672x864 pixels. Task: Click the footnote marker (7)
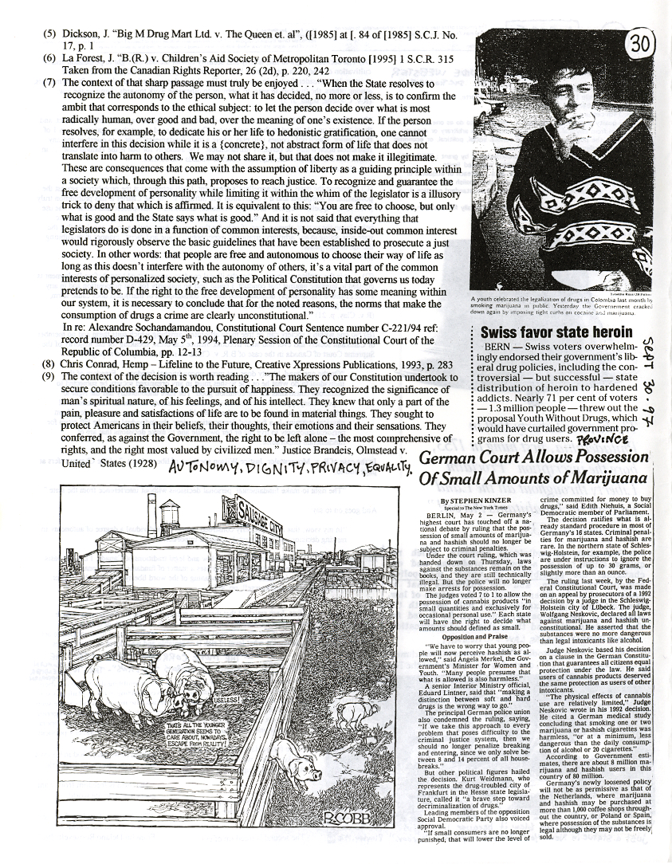(x=49, y=82)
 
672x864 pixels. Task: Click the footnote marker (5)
(x=49, y=35)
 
